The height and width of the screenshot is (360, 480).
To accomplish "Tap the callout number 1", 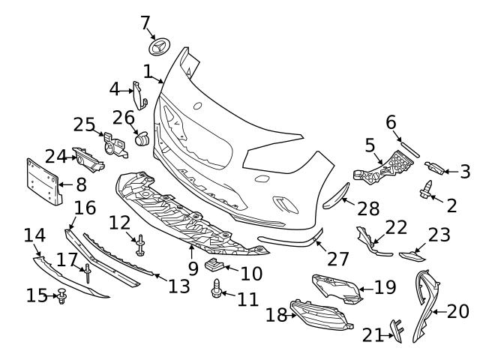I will tap(148, 71).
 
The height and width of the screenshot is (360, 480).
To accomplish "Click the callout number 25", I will tap(84, 124).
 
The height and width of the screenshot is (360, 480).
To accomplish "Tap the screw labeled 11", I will tap(217, 288).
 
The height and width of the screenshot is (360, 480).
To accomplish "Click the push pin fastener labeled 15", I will tap(61, 295).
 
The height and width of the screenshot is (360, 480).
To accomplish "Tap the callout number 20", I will tap(457, 310).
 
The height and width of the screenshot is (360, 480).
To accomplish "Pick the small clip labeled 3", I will tap(435, 167).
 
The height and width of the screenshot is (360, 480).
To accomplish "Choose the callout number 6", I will tap(391, 121).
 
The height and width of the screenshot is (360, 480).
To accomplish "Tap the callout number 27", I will tap(338, 259).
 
